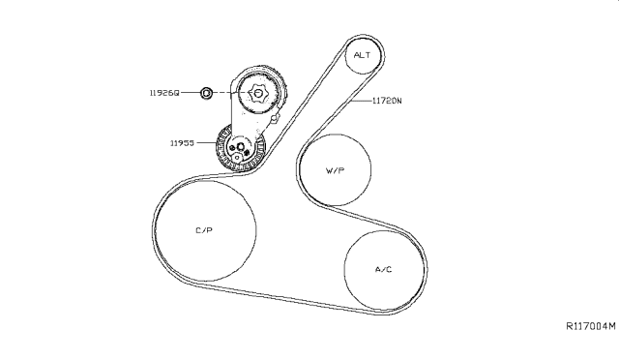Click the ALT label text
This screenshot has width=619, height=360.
tap(362, 55)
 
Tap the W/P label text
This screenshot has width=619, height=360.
tap(336, 170)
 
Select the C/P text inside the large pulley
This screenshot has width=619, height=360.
tap(204, 230)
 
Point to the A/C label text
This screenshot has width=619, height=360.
tap(383, 269)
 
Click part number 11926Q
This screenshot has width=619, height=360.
tap(164, 93)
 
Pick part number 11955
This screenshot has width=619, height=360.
tap(182, 142)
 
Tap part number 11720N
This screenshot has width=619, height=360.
tap(387, 101)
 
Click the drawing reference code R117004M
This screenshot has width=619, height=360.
tap(591, 326)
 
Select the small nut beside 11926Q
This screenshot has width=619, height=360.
tap(206, 93)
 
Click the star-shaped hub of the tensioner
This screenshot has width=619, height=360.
tap(257, 94)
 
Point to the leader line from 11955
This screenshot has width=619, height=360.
tap(206, 142)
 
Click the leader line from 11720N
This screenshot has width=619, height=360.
tap(361, 101)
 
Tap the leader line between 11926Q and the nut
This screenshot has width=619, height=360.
tap(191, 93)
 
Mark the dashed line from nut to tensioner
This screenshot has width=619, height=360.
tap(230, 93)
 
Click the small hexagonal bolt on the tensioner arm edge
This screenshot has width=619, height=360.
tap(275, 118)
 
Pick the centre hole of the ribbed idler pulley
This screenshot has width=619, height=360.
tap(241, 147)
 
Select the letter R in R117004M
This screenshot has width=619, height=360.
tap(570, 326)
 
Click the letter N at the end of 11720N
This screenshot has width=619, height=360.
tap(399, 101)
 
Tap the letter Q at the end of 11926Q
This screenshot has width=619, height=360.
tap(177, 93)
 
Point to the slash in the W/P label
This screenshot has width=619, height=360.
tap(336, 170)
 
